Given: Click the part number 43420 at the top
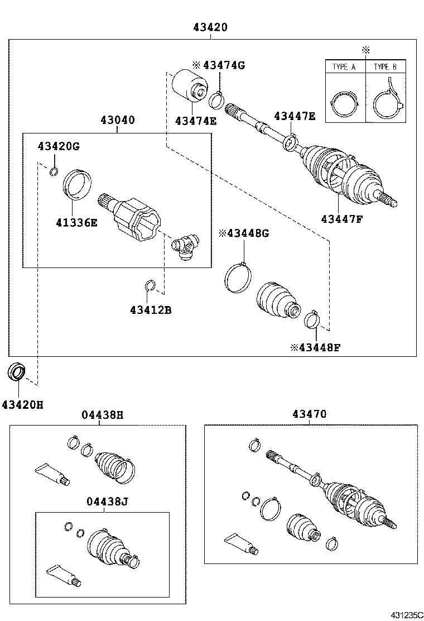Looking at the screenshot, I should [210, 27].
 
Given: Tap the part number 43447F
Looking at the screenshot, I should [341, 218].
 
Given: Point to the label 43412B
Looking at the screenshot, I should [151, 309].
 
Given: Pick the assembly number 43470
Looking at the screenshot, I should [309, 414].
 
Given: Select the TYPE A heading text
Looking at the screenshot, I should [344, 66].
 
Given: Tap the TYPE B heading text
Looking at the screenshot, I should [385, 66].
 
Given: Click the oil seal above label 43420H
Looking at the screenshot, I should [18, 371].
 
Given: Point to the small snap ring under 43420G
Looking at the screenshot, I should [54, 171].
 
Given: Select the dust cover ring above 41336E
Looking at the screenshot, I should [77, 183].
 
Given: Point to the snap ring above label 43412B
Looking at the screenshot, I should [150, 286].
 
